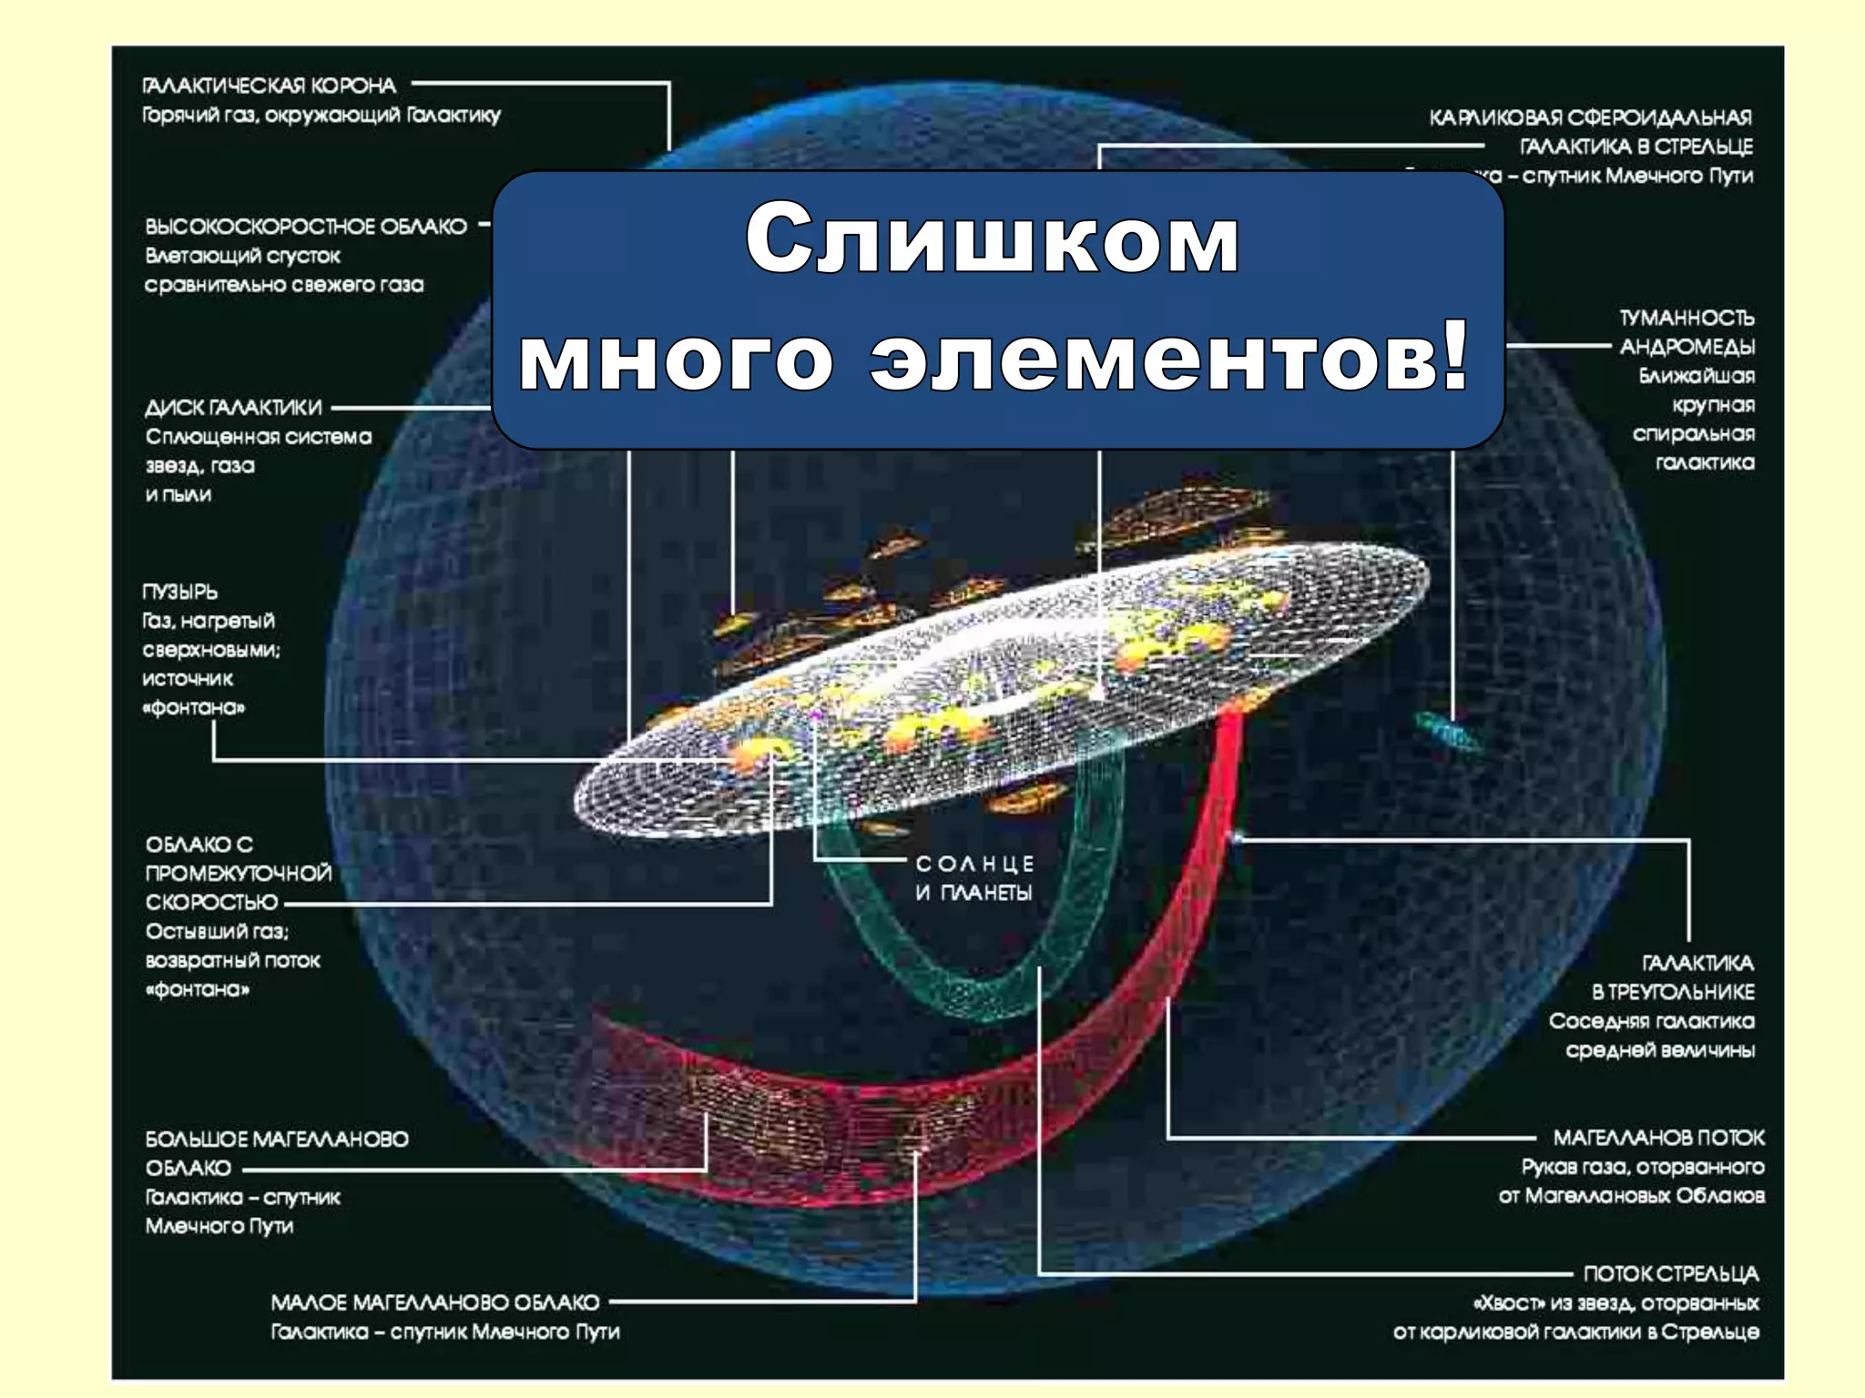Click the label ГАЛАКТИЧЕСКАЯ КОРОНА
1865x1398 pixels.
tap(269, 86)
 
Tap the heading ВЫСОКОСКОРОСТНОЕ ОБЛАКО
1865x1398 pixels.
tap(305, 226)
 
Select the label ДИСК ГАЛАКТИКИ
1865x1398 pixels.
tap(233, 407)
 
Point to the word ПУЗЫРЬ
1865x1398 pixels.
tap(179, 592)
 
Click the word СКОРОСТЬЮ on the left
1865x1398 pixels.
tap(211, 902)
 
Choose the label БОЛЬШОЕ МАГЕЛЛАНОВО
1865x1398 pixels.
tap(277, 1139)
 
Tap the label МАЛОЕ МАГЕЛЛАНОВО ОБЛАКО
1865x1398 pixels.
tap(435, 1302)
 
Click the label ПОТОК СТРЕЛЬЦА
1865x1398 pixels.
tap(1670, 1273)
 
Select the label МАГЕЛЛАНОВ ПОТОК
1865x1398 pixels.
tap(1658, 1137)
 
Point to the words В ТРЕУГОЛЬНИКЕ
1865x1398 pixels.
tap(1673, 991)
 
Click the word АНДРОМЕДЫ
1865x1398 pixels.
tap(1687, 347)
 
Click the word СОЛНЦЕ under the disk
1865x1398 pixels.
tap(974, 863)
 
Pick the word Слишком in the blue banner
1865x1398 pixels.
tap(992, 238)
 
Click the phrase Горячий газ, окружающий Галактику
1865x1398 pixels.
tap(321, 115)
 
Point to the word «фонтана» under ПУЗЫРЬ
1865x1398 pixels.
tap(193, 707)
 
